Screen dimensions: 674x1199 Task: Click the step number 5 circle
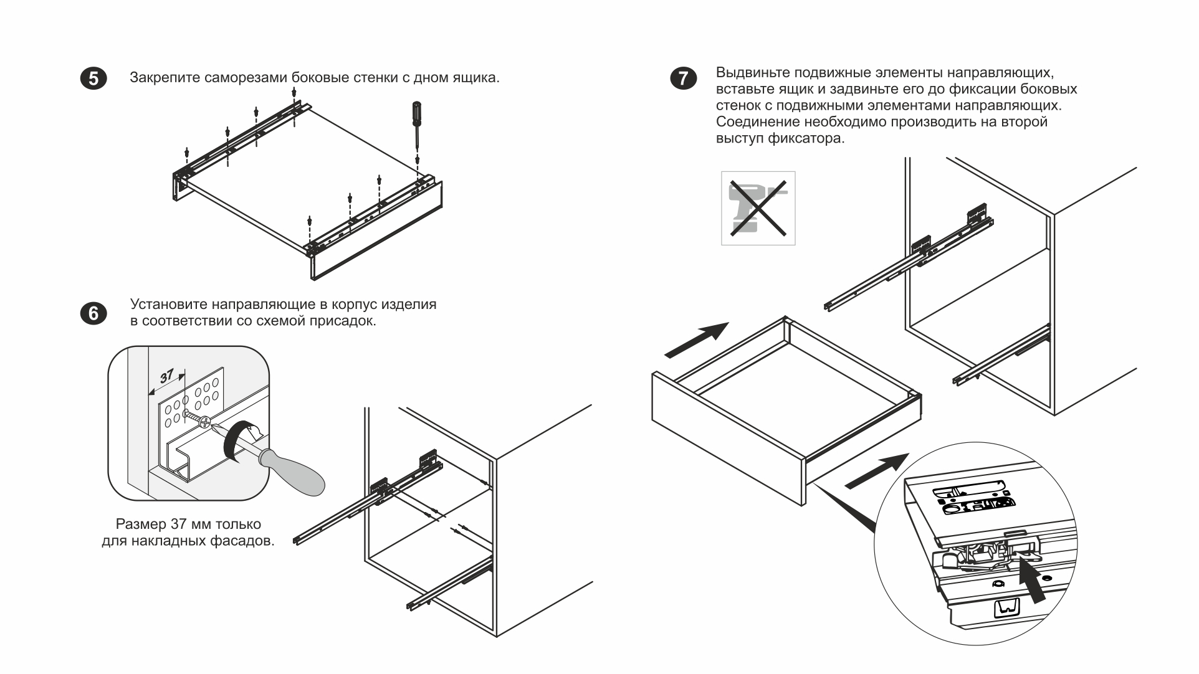click(93, 78)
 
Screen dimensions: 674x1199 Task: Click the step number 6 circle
click(93, 313)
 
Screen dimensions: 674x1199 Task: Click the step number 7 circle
click(684, 78)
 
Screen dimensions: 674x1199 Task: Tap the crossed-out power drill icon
click(758, 208)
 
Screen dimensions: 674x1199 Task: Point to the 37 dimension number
click(166, 376)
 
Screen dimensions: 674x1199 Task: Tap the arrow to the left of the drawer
click(697, 340)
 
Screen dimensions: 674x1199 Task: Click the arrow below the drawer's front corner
click(876, 472)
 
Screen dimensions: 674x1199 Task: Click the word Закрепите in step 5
click(165, 78)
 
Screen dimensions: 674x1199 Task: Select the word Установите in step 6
click(168, 305)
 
